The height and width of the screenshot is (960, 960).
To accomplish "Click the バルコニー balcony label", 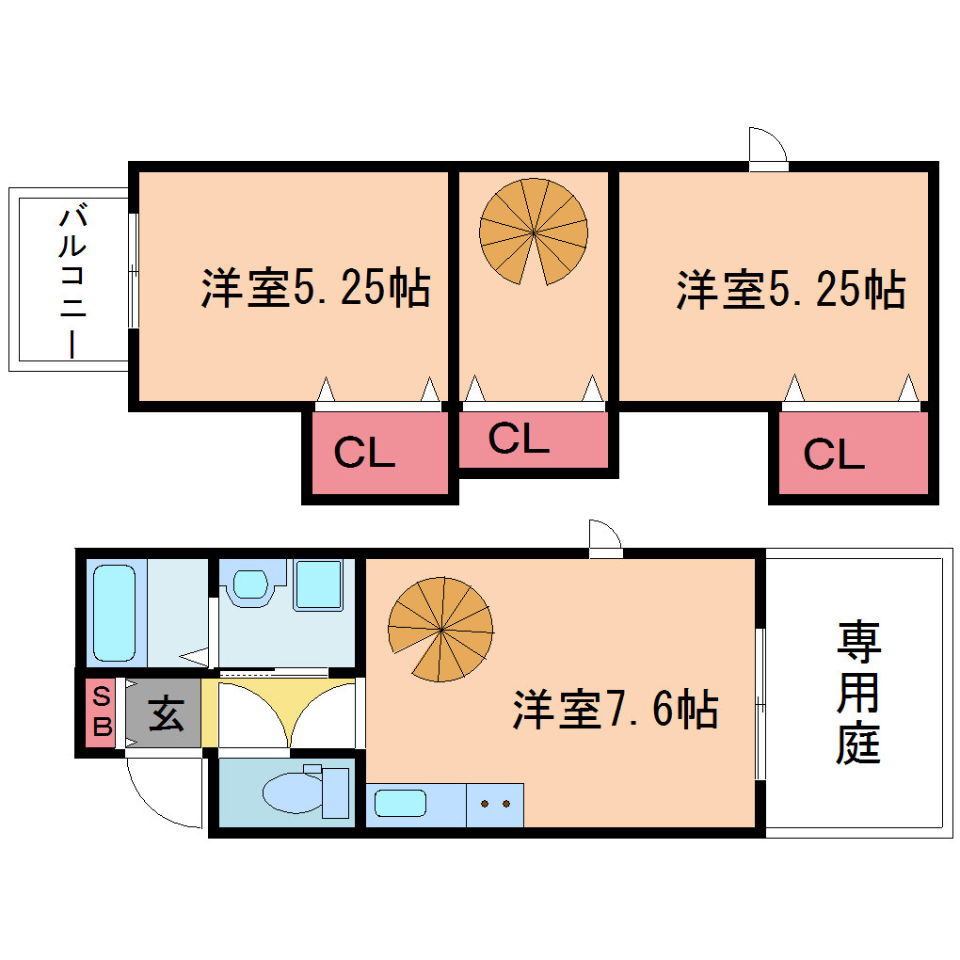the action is (x=72, y=283).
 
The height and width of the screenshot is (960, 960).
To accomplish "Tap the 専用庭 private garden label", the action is (x=858, y=693).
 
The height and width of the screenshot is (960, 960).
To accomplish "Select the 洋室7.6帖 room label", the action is (x=616, y=710).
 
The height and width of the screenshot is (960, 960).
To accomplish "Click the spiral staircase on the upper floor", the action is (x=534, y=232).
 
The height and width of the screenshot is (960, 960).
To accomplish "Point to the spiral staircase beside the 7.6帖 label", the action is (x=440, y=630).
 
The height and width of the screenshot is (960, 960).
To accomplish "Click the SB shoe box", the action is (x=101, y=712).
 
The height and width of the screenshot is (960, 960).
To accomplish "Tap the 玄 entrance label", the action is (x=166, y=713).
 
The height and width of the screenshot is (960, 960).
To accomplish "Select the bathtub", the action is (x=115, y=613).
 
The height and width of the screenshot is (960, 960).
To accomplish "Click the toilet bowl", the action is (x=293, y=792).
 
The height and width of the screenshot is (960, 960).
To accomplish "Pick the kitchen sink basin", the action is (x=400, y=803).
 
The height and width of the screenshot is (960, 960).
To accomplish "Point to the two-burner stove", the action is (x=495, y=805).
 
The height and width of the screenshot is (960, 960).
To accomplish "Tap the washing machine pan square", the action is (x=318, y=584).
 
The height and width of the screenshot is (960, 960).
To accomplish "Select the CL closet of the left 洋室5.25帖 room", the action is (x=380, y=453).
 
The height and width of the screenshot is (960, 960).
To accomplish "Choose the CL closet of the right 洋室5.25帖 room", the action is (x=854, y=453).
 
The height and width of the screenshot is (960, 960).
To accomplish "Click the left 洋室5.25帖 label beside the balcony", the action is (x=315, y=288).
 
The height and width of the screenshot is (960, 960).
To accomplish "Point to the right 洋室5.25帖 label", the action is (x=791, y=290).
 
